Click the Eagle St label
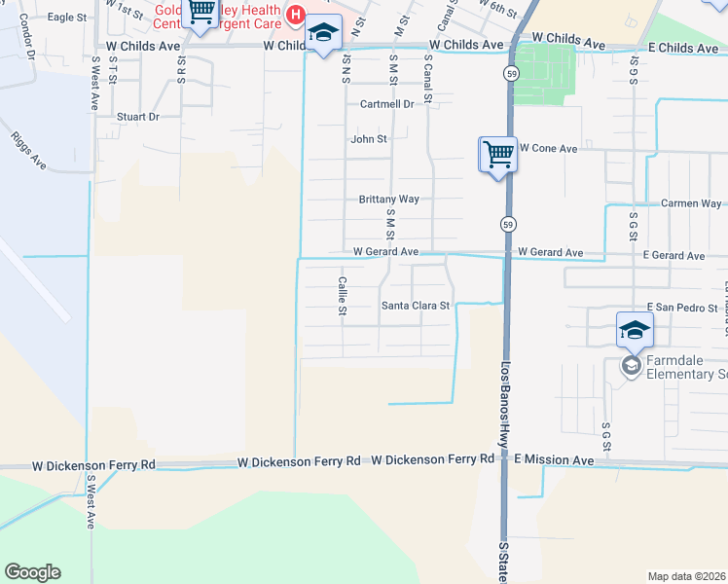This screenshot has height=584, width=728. point(67,18)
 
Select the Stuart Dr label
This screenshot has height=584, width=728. point(137,117)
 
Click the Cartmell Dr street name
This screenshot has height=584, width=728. point(386,104)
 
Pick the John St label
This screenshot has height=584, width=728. point(369,139)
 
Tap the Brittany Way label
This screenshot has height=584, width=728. point(388,199)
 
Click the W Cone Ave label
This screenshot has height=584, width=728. point(548,148)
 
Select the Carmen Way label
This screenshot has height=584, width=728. point(691,203)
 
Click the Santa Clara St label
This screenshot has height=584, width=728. point(416,305)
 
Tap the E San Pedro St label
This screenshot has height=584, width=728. point(674,308)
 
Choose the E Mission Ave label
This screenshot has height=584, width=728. point(554,459)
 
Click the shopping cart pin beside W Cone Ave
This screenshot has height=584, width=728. point(498,153)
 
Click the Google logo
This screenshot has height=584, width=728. point(32,572)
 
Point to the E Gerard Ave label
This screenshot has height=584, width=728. point(673,256)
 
